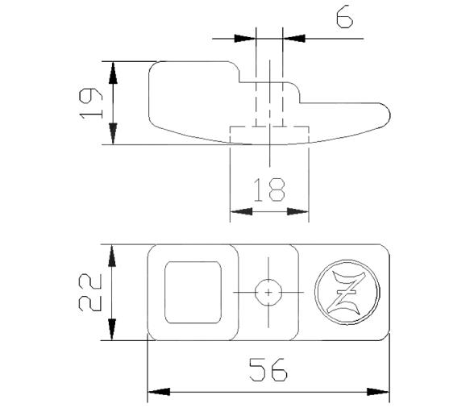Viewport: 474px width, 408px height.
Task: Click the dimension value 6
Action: click(344, 19)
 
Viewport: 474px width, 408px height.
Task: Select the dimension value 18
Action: click(268, 190)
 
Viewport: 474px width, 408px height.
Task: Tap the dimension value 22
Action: click(91, 291)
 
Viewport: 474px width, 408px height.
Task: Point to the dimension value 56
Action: click(268, 372)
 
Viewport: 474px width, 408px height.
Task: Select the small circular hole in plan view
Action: click(268, 291)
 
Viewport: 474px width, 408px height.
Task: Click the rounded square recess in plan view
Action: click(193, 291)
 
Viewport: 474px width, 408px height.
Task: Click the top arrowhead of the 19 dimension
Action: click(114, 71)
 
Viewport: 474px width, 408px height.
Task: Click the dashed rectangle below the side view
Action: click(269, 135)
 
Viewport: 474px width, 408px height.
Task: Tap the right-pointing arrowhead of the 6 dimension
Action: click(244, 37)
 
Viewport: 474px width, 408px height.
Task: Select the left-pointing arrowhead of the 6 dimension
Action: click(293, 37)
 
